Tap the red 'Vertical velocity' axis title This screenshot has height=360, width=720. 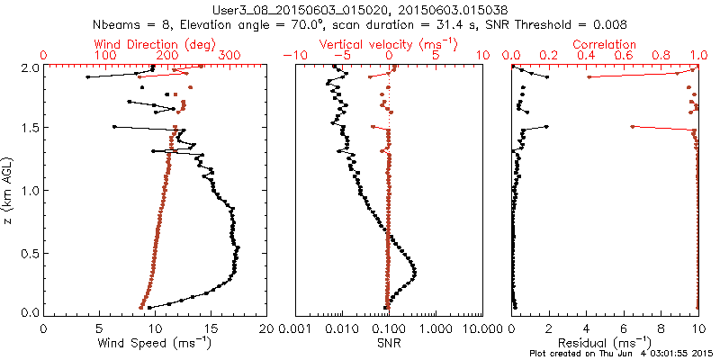click(x=390, y=44)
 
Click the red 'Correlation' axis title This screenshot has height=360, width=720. click(x=605, y=44)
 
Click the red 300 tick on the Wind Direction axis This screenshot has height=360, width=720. click(x=229, y=56)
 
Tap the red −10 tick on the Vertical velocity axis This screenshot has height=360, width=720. click(x=294, y=56)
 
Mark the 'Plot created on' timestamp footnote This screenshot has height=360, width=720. click(x=622, y=354)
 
